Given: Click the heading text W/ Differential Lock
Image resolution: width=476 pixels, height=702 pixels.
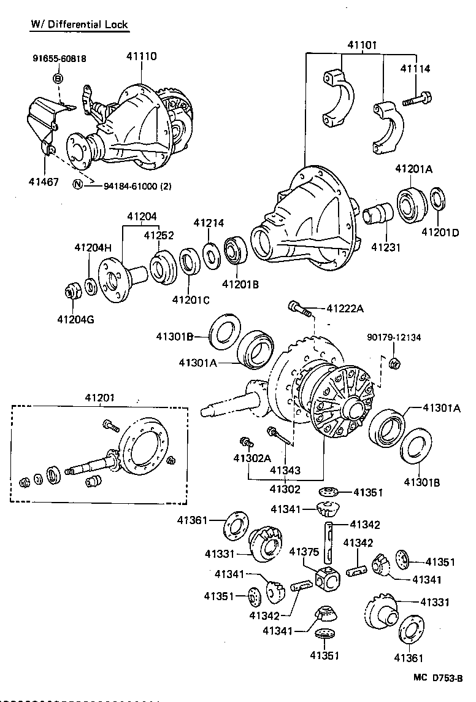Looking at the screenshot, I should pos(79,24).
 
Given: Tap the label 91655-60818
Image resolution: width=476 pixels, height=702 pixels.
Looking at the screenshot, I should pos(59,59).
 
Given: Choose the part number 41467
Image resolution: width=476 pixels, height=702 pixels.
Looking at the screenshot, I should pos(44,182).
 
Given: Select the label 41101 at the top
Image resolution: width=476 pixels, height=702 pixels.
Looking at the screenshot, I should pos(362,45).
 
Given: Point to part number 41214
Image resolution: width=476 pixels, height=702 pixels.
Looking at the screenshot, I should pos(209,223).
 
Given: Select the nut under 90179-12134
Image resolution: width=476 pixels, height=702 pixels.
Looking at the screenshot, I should pos(395,363).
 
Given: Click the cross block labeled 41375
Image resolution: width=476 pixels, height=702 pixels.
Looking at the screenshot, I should pos(326,577).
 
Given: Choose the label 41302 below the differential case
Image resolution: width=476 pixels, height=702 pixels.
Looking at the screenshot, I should pos(285,489).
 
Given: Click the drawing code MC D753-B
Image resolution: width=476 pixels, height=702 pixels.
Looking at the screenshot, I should pos(437,678).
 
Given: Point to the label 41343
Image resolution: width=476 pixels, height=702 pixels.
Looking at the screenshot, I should pos(285,471).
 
